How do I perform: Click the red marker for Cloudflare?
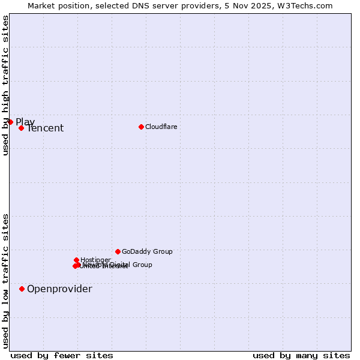pos(141,127)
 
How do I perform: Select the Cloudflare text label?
pos(161,127)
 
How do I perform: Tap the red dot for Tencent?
pos(21,128)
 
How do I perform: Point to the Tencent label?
pos(45,128)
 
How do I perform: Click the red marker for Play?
pos(10,122)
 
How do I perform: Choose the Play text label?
pos(25,122)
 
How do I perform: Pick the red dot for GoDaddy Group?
pos(118,251)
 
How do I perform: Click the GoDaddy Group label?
pos(147,251)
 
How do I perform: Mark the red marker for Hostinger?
pos(76,260)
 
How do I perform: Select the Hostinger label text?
pos(96,260)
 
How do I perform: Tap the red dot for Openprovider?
pos(22,289)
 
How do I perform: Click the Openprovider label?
pos(59,289)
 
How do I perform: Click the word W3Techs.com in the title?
pos(308,5)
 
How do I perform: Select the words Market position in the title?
pos(55,5)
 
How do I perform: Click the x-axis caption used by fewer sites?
pos(62,355)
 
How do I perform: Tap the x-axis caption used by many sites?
pos(301,355)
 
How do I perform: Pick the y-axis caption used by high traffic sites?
pos(5,85)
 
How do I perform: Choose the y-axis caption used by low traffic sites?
pos(5,280)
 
